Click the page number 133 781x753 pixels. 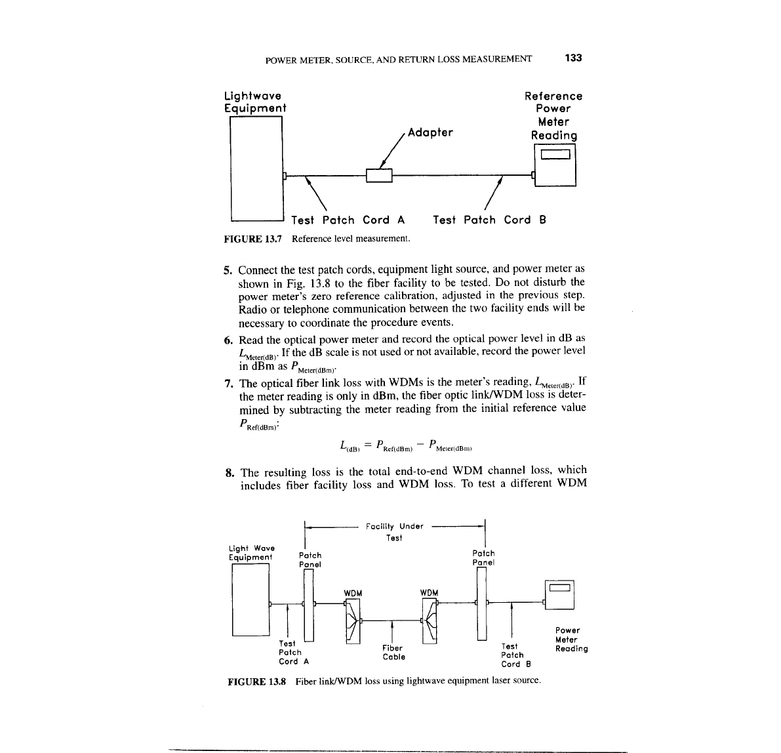[x=573, y=58]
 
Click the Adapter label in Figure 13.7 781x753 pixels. [x=430, y=132]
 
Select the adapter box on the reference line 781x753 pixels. [x=378, y=176]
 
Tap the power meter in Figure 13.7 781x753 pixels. [x=555, y=166]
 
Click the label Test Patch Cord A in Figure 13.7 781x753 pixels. [x=348, y=220]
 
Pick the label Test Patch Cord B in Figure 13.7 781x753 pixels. [x=489, y=220]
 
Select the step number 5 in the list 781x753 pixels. [x=228, y=270]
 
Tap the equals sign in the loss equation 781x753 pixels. [x=368, y=446]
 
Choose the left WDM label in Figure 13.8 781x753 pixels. [x=353, y=593]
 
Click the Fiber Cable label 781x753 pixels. [x=393, y=653]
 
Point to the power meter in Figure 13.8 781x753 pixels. [x=559, y=594]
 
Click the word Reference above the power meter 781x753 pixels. [x=553, y=96]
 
